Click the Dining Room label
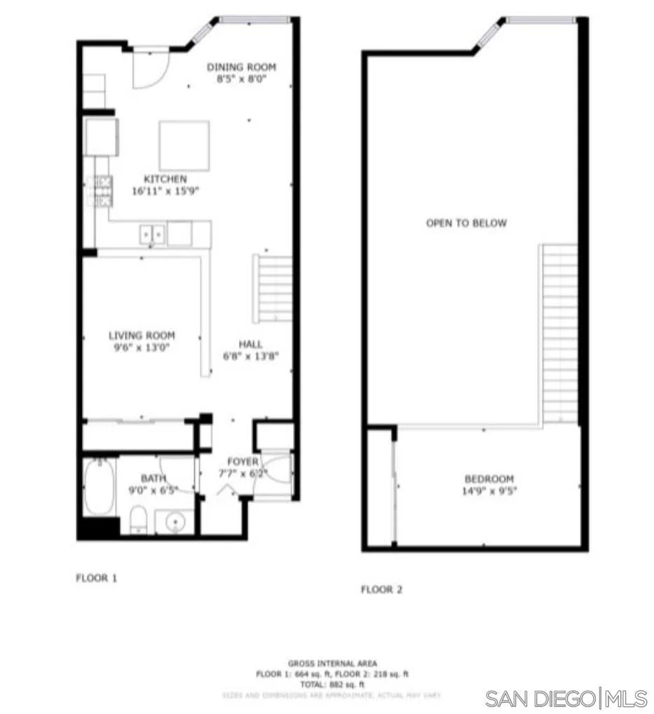pyautogui.click(x=241, y=67)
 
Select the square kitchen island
pyautogui.click(x=184, y=146)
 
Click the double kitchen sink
pyautogui.click(x=152, y=233)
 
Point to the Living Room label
pyautogui.click(x=142, y=336)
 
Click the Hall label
pyautogui.click(x=250, y=344)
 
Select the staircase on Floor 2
pyautogui.click(x=560, y=333)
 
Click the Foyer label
pyautogui.click(x=243, y=462)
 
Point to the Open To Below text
pyautogui.click(x=466, y=224)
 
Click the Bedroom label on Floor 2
pyautogui.click(x=489, y=479)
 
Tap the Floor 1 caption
pyautogui.click(x=96, y=578)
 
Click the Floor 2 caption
pyautogui.click(x=381, y=590)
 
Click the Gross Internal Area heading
pyautogui.click(x=332, y=663)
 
